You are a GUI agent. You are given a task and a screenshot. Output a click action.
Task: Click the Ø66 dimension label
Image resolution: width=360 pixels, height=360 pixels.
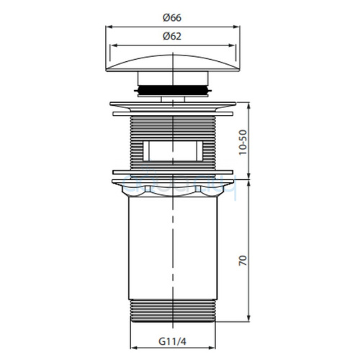(x=172, y=18)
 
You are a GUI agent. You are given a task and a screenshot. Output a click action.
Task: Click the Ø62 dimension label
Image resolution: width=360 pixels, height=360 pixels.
(x=172, y=36)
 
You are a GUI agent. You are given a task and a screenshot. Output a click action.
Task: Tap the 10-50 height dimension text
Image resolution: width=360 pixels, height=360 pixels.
(x=243, y=143)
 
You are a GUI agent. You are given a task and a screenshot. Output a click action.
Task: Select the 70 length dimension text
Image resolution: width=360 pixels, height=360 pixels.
(x=243, y=261)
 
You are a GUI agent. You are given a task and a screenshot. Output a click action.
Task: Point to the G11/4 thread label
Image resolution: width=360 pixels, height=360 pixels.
(x=172, y=341)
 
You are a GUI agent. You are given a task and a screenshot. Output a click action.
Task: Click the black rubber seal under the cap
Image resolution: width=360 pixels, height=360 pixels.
(x=173, y=90)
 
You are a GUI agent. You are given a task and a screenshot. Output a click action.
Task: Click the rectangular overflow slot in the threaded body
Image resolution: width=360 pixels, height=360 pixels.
(x=173, y=151)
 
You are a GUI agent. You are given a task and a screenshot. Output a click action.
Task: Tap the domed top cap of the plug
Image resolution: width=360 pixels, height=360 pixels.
(x=173, y=63)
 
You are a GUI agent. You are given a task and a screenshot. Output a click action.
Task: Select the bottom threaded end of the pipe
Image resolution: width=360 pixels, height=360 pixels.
(x=173, y=310)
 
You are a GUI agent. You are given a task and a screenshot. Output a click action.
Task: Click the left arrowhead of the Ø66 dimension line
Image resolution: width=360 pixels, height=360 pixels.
(x=109, y=27)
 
